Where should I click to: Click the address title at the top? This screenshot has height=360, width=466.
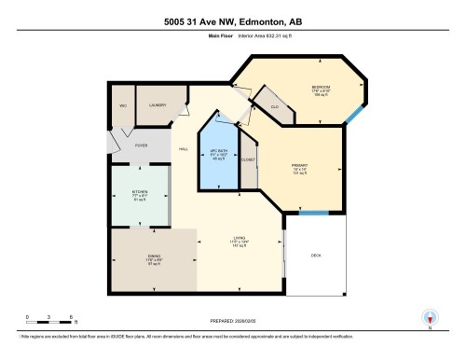click(232, 21)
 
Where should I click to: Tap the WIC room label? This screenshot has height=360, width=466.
click(121, 105)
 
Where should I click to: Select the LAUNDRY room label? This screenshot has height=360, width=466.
click(157, 105)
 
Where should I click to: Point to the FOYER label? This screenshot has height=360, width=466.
click(142, 145)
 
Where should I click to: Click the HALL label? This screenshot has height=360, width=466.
click(184, 149)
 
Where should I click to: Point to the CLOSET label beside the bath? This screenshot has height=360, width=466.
click(248, 160)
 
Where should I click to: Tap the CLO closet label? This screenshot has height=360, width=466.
click(275, 108)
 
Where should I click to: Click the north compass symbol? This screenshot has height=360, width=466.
click(430, 319)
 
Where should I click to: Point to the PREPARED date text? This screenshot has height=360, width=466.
click(232, 321)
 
